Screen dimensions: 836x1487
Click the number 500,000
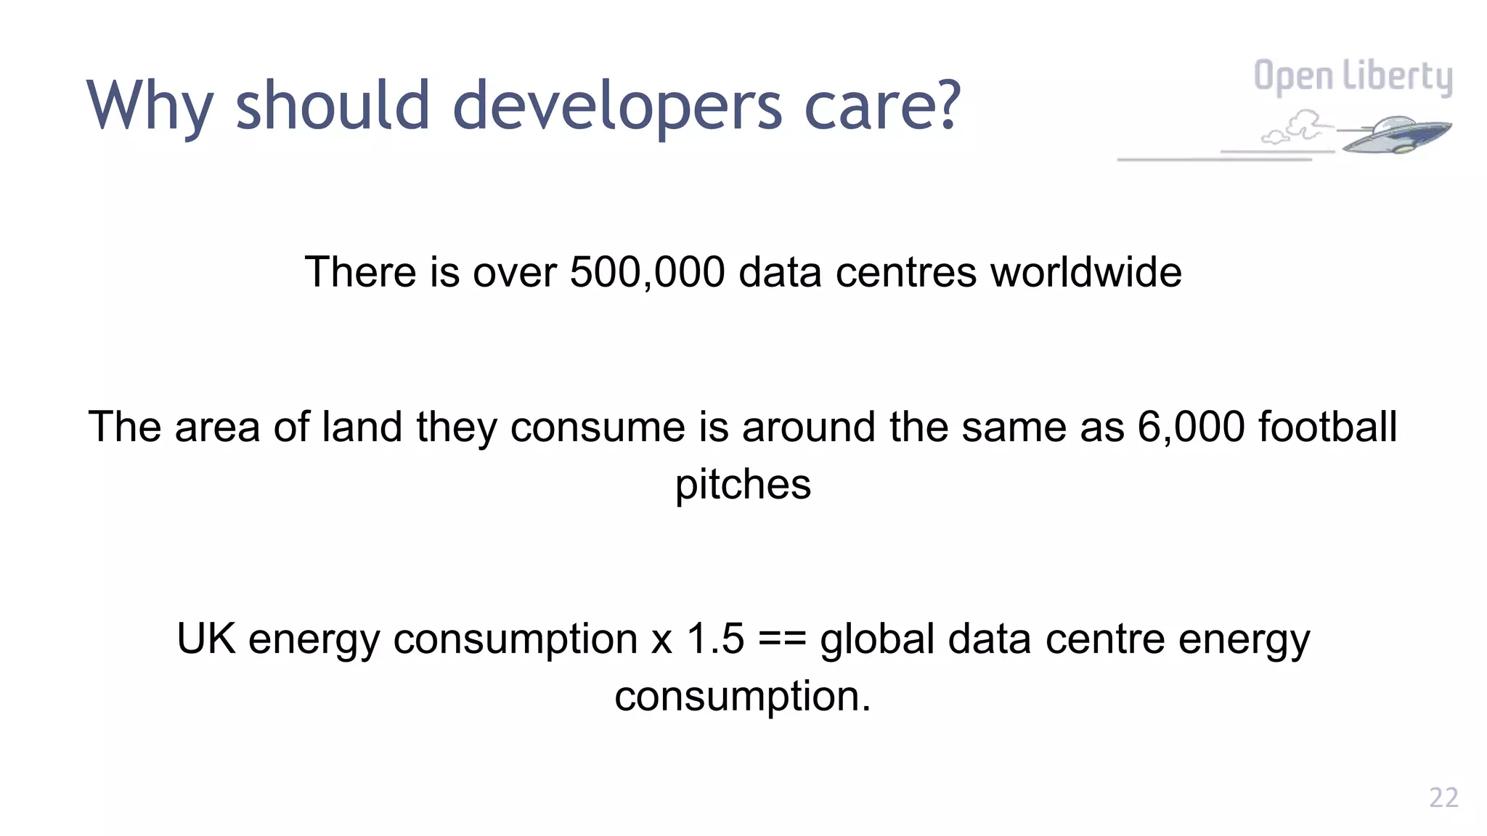point(647,272)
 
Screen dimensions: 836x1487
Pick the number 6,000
point(1191,427)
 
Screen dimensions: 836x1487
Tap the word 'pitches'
point(743,485)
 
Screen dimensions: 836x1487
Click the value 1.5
point(715,639)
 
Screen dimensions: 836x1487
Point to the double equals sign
point(782,639)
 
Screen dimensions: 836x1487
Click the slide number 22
point(1443,798)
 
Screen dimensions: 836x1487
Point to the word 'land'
point(362,427)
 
